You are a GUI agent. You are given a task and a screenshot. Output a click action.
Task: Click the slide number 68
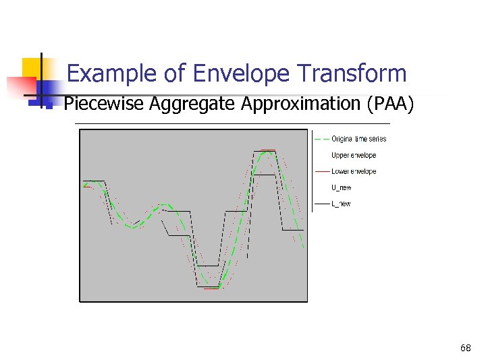click(x=465, y=348)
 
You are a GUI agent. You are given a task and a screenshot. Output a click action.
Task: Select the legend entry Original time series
click(x=358, y=139)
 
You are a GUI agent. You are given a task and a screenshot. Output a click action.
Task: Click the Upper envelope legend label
click(x=353, y=155)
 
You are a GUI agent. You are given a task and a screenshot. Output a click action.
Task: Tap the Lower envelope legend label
click(x=353, y=171)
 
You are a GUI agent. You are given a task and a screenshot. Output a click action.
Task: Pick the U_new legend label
click(x=341, y=187)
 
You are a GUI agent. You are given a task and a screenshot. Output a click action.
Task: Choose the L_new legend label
click(x=341, y=204)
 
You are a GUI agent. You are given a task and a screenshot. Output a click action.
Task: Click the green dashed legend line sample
click(x=321, y=139)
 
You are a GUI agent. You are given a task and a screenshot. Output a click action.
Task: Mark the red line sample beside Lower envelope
click(x=321, y=171)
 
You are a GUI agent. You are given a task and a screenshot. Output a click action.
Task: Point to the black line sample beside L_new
click(x=321, y=204)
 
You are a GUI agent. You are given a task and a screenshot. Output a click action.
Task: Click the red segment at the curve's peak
click(x=268, y=150)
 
